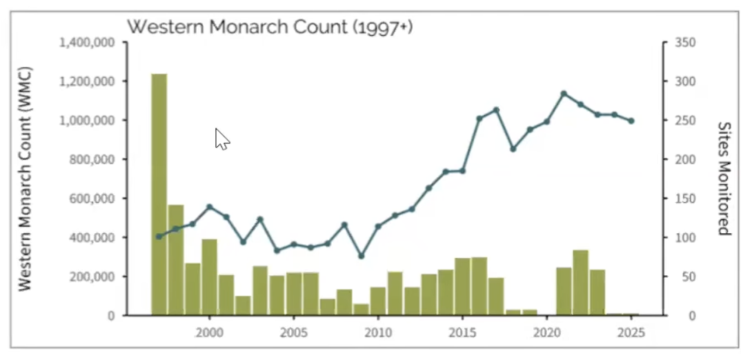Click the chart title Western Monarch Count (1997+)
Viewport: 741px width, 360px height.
coord(270,27)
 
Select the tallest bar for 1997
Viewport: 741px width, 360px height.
coord(159,194)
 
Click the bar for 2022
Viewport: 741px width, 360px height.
coord(581,283)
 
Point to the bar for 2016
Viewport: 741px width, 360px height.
coord(480,286)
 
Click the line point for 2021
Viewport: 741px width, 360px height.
coord(564,93)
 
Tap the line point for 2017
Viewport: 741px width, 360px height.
coord(496,110)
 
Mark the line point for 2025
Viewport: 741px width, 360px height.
coord(631,121)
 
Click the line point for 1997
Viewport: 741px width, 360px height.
coord(159,237)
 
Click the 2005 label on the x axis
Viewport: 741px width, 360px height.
coord(294,332)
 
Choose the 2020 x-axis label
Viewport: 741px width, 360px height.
coord(547,332)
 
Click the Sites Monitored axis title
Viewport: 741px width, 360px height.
coord(723,179)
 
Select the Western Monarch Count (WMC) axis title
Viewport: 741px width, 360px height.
coord(26,179)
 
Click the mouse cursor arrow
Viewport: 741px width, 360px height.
coord(221,139)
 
